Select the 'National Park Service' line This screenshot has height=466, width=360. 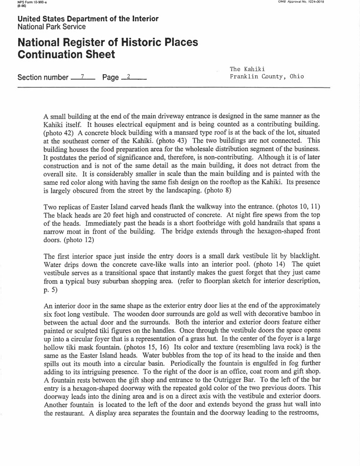(51, 27)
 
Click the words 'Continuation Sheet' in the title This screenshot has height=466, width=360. (66, 55)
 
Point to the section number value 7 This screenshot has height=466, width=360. (83, 77)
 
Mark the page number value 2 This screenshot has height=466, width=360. (129, 77)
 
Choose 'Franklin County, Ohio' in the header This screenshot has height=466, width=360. (267, 76)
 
